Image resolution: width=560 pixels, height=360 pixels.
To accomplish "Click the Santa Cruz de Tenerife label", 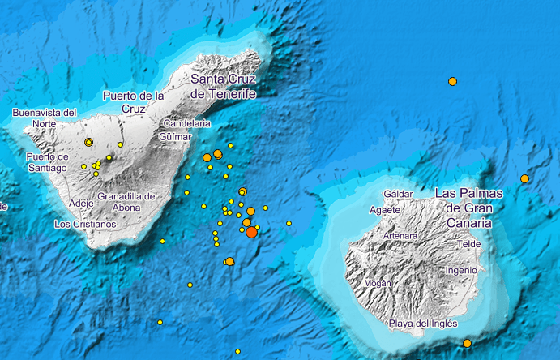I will (x=223, y=87).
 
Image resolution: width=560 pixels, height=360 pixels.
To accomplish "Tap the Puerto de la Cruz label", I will (x=128, y=101).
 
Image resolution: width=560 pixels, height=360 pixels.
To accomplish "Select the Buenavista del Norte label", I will (x=45, y=118).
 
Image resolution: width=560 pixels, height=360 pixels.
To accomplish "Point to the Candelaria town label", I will (x=186, y=123).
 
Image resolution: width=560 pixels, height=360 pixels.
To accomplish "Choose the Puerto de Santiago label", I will (x=46, y=161).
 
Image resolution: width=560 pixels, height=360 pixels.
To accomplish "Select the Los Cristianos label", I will (x=84, y=223).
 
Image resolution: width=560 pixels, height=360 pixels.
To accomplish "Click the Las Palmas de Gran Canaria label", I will (x=468, y=208).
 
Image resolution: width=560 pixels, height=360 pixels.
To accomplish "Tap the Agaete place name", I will (x=383, y=209).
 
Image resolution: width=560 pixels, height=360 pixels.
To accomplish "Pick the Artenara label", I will (x=400, y=236).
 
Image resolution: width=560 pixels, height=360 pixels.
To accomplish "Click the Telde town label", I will (x=469, y=243).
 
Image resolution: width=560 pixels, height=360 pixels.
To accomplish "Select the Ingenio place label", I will (x=461, y=270).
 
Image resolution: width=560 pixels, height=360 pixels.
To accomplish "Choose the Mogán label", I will (x=378, y=283).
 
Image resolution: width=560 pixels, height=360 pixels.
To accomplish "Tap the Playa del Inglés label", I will (x=423, y=324).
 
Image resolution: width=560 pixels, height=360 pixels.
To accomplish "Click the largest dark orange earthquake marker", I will (x=251, y=232).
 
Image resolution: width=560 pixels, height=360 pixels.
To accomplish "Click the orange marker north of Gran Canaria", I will (x=452, y=81).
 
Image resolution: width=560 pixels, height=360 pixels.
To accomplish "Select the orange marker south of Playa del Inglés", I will (x=467, y=343).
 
